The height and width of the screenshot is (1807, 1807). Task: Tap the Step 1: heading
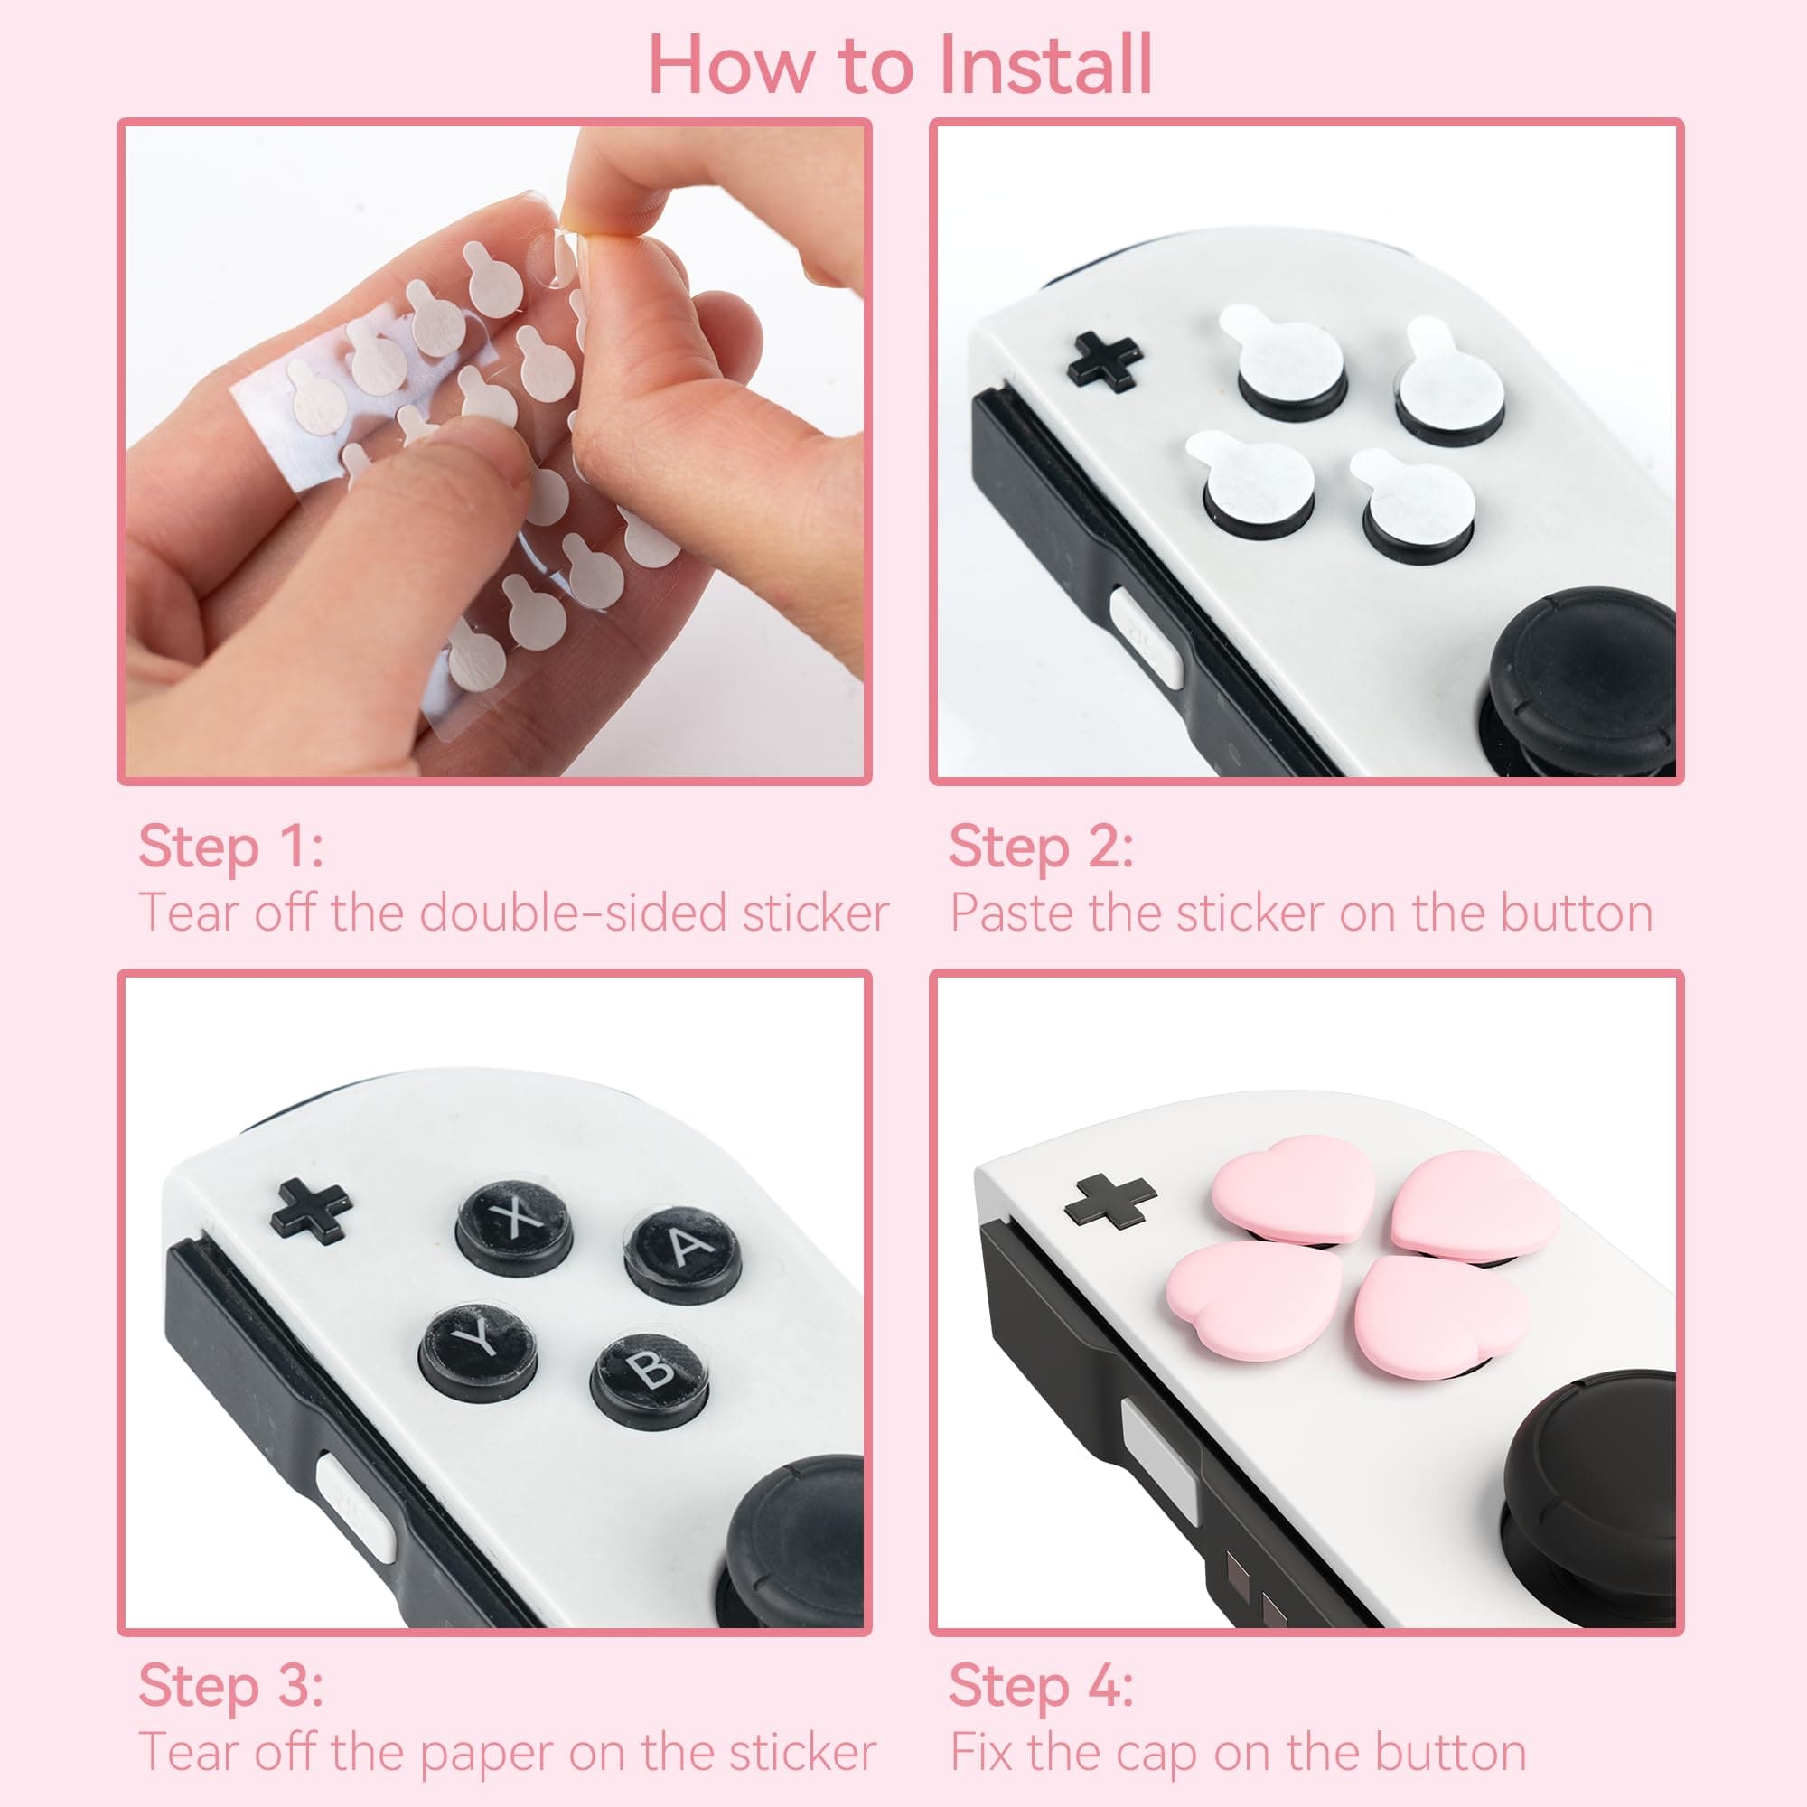[231, 847]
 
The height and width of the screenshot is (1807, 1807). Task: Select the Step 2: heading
[1041, 847]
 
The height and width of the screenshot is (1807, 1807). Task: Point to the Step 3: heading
[231, 1685]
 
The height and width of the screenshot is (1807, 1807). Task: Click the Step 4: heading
[1041, 1685]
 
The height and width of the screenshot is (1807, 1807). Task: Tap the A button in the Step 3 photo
[684, 1250]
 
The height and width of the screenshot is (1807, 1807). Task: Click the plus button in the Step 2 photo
[1105, 361]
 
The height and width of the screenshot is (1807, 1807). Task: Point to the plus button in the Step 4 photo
[1110, 1200]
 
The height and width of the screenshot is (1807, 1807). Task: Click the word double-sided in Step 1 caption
[574, 913]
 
